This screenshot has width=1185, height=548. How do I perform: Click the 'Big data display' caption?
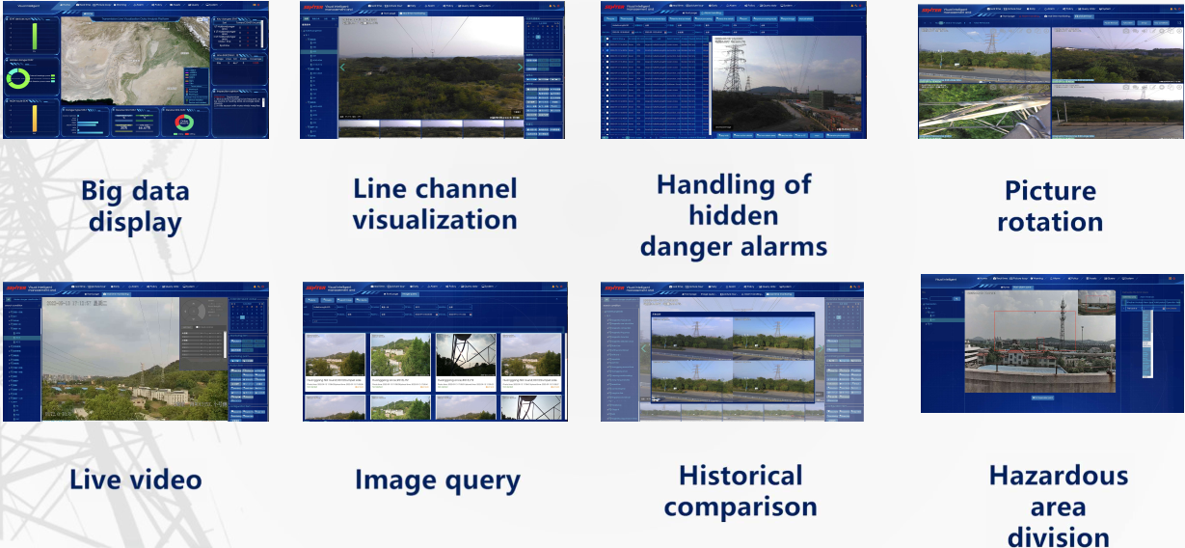pyautogui.click(x=135, y=206)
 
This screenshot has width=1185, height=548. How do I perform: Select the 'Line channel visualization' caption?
pyautogui.click(x=435, y=204)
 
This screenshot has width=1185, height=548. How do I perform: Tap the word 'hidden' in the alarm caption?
pyautogui.click(x=734, y=215)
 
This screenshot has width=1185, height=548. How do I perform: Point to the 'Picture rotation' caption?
pyautogui.click(x=1050, y=205)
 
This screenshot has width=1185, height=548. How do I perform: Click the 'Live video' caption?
pyautogui.click(x=135, y=479)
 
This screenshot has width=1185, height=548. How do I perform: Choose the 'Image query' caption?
pyautogui.click(x=437, y=479)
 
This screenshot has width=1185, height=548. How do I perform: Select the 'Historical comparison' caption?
pyautogui.click(x=741, y=491)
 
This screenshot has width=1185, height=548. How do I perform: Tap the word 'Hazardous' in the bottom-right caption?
pyautogui.click(x=1058, y=476)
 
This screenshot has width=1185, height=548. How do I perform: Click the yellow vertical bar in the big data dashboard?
pyautogui.click(x=33, y=119)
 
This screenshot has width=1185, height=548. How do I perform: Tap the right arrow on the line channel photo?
pyautogui.click(x=521, y=68)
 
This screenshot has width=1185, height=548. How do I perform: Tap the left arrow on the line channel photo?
pyautogui.click(x=341, y=68)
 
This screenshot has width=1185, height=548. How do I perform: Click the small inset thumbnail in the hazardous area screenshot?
pyautogui.click(x=1095, y=304)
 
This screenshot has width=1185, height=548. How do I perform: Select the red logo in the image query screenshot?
pyautogui.click(x=314, y=287)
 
